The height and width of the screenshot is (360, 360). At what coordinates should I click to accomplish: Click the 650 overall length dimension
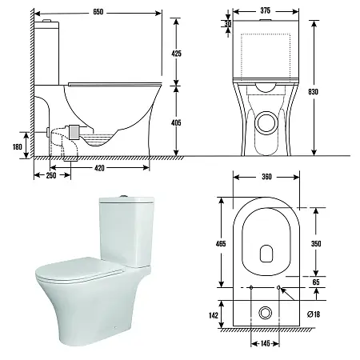[x=98, y=12]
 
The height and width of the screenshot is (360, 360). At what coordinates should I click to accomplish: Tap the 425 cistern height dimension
[x=176, y=54]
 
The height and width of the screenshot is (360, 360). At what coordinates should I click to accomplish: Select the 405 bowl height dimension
[x=176, y=122]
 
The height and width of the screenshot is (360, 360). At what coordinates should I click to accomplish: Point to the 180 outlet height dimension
[x=18, y=146]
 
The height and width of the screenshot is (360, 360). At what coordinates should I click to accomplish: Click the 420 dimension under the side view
[x=99, y=168]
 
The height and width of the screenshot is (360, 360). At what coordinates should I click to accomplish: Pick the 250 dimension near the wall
[x=51, y=175]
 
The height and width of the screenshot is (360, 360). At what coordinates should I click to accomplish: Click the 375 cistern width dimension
[x=265, y=10]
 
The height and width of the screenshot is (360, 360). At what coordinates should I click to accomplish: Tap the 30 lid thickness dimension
[x=227, y=24]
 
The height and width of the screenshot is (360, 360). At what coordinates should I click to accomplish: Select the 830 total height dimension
[x=313, y=92]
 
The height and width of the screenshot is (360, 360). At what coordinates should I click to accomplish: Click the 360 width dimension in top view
[x=266, y=177]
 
